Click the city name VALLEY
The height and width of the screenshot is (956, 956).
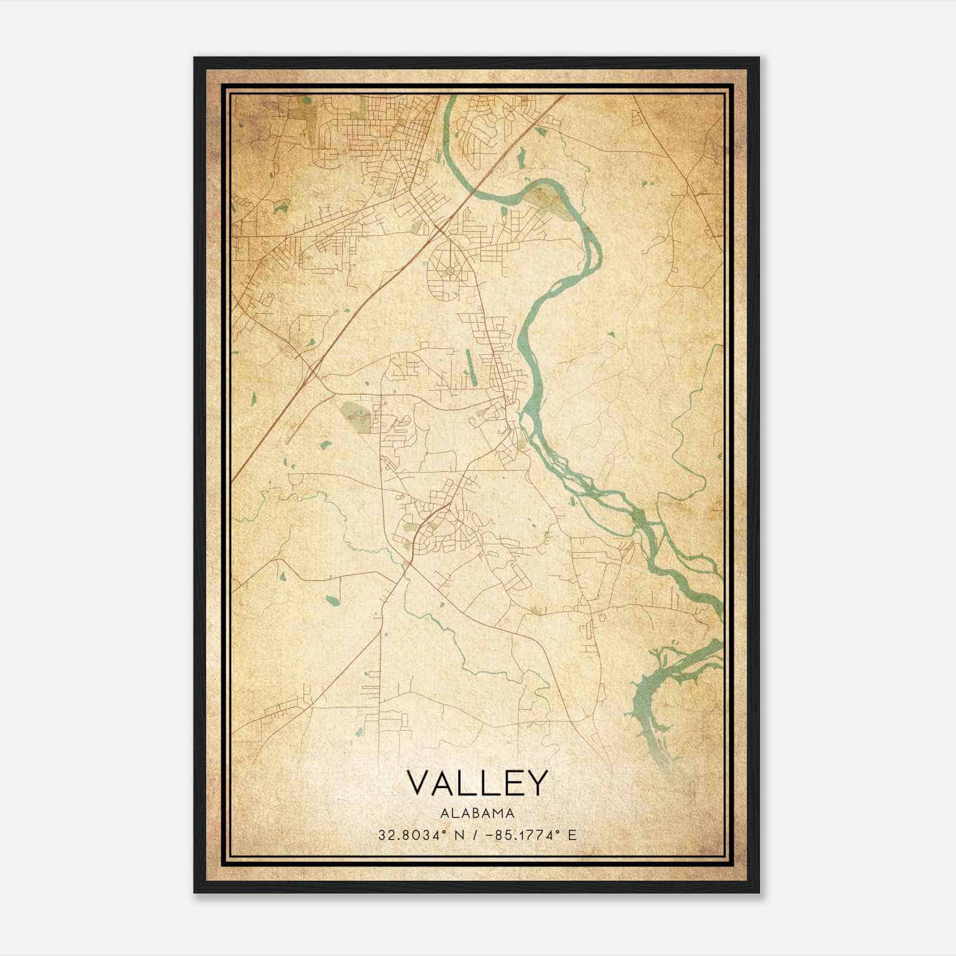477,783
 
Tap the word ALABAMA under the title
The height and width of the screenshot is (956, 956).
477,813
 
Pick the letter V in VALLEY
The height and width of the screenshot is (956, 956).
421,783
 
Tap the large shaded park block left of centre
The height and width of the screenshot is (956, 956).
355,415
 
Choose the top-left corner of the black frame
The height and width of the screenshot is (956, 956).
195,59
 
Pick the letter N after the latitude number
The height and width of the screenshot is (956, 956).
459,835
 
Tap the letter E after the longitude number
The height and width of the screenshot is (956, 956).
572,835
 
